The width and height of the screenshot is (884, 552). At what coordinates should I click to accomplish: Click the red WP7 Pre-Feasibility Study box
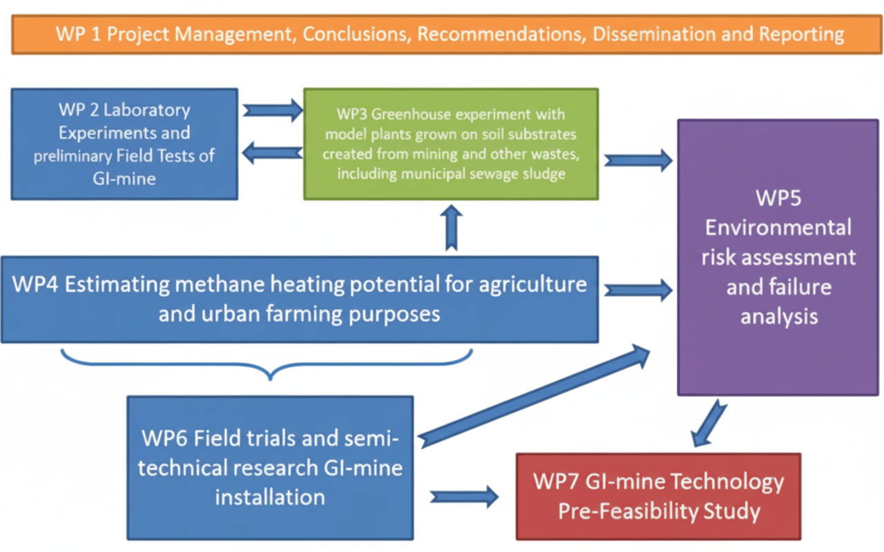click(658, 496)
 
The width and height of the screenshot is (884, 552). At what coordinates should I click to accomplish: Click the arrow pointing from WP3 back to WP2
click(272, 153)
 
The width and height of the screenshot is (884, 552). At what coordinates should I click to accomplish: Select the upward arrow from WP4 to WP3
click(452, 228)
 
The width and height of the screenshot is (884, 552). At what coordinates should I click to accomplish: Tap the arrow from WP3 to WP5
click(637, 160)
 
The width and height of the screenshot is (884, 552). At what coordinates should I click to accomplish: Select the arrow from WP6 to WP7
click(464, 496)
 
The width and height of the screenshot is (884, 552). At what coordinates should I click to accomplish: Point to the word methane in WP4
click(222, 284)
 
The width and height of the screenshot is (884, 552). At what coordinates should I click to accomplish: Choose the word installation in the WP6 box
click(270, 497)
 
